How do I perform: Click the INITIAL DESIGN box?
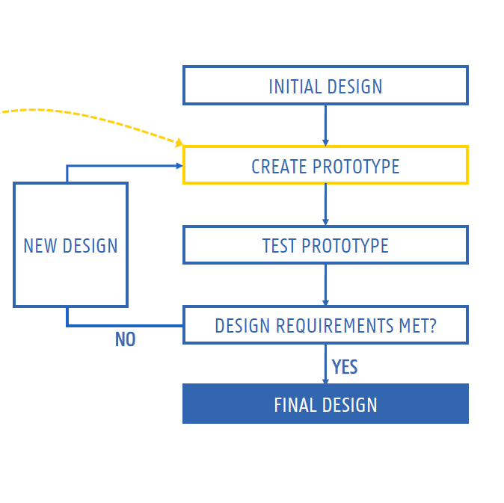click(325, 85)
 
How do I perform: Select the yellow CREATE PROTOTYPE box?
click(325, 165)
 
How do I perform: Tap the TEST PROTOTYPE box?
click(325, 245)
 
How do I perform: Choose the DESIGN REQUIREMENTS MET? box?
click(325, 325)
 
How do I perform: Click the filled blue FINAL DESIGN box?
click(325, 404)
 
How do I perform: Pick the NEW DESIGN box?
click(70, 245)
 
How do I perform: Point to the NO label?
click(125, 339)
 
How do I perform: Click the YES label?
click(345, 367)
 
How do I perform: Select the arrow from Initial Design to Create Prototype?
click(325, 124)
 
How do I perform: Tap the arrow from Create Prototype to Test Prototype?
click(325, 204)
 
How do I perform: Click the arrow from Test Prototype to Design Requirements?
click(325, 284)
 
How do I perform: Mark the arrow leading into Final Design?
click(325, 364)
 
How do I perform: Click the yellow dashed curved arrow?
click(90, 116)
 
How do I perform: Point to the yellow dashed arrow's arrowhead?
click(179, 141)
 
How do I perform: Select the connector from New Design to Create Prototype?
click(120, 166)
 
